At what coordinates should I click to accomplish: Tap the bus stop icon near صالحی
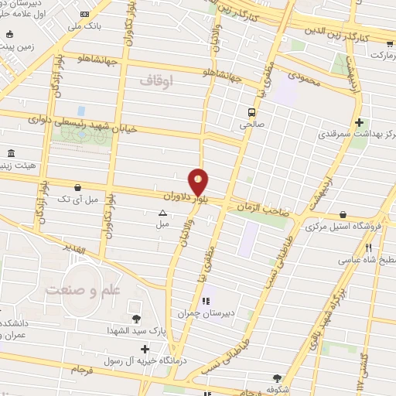pos(262,109)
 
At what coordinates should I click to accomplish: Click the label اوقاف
pos(159,80)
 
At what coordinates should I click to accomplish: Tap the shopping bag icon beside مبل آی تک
pos(78,186)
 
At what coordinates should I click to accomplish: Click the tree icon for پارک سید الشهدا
pos(136,318)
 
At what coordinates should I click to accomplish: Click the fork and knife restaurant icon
pos(369,247)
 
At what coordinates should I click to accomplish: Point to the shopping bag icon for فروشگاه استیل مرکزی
pos(342,215)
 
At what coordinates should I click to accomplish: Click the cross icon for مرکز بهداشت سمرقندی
pos(359,122)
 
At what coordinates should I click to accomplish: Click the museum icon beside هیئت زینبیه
pos(9,152)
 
